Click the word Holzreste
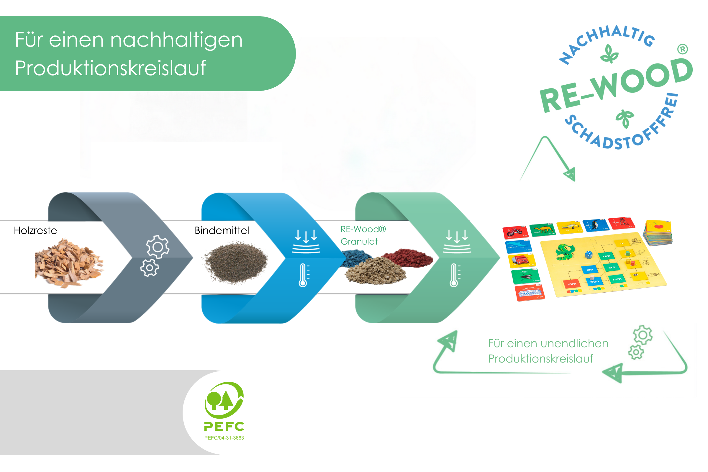pos(35,231)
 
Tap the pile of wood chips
pos(69,262)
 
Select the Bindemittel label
pos(222,231)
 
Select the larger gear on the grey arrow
pos(158,247)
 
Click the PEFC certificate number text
pos(224,438)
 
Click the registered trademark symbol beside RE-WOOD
pos(683,49)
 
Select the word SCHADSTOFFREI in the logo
pos(623,130)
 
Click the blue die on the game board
pos(589,255)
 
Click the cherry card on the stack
pos(659,226)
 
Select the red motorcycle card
pos(515,232)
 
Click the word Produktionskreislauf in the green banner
pos(110,68)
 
